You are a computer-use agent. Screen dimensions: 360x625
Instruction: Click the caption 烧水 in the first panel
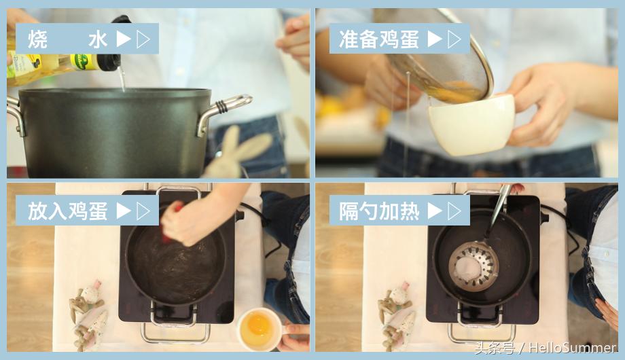(67, 39)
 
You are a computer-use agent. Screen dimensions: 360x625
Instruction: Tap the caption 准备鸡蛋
(379, 39)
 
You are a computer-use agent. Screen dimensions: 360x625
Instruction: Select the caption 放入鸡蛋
(67, 211)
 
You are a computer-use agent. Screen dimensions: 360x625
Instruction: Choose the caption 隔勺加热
(379, 211)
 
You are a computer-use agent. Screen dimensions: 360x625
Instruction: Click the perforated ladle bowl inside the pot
(474, 265)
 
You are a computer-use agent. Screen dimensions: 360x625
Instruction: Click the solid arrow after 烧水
(123, 39)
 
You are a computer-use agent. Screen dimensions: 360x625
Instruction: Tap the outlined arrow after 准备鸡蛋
(454, 39)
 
